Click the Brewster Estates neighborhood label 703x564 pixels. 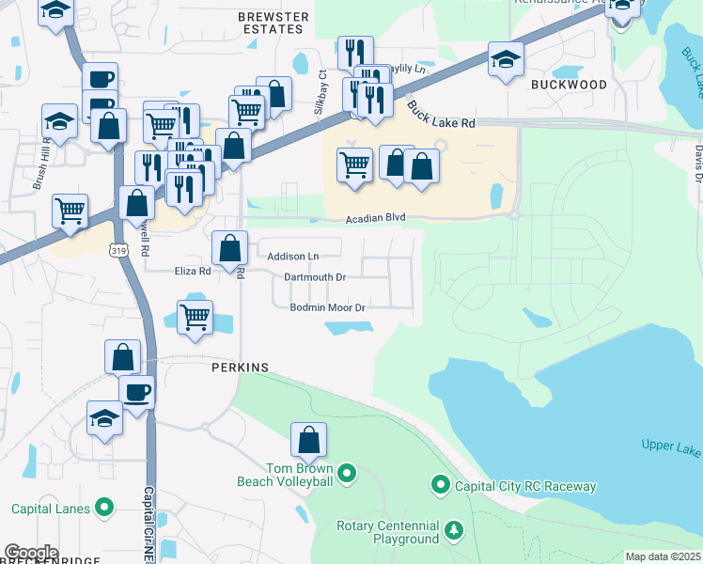[273, 23]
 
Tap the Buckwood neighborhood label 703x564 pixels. [569, 85]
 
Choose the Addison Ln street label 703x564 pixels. [293, 256]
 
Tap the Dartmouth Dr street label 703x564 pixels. [315, 277]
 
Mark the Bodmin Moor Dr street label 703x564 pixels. [327, 307]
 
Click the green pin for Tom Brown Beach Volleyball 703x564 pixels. [347, 473]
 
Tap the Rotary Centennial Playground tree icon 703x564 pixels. [454, 530]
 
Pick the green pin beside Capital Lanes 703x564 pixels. [105, 509]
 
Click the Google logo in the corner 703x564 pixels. [31, 553]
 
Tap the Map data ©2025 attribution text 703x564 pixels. [662, 556]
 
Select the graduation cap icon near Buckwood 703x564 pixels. [506, 61]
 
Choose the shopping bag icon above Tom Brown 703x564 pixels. [309, 438]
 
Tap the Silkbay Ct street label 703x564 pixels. [321, 86]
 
